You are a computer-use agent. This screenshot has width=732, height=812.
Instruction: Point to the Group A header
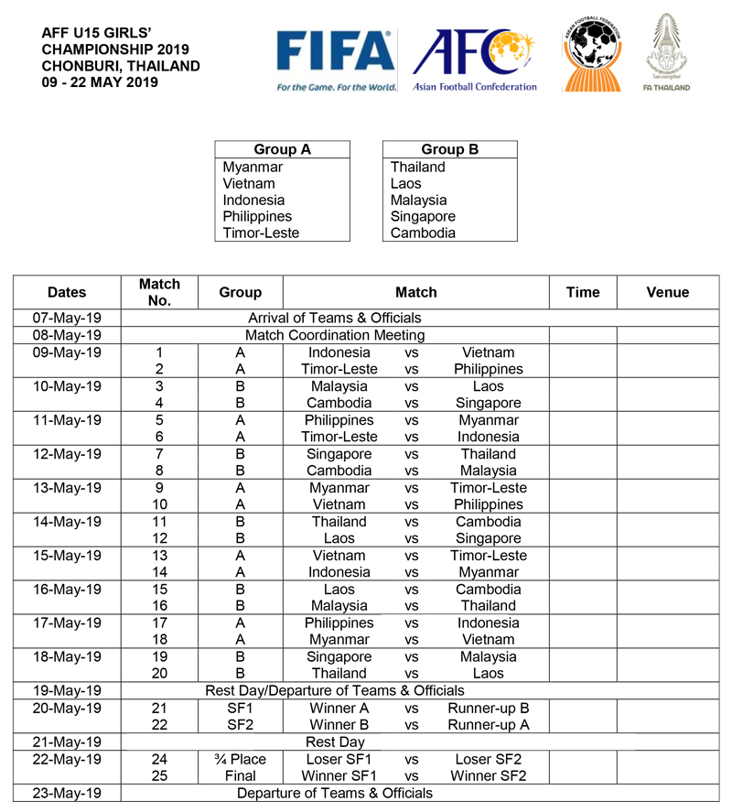coord(282,149)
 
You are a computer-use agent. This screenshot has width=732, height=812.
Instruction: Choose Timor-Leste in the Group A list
coord(261,233)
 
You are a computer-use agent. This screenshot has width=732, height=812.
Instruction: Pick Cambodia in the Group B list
coord(423,233)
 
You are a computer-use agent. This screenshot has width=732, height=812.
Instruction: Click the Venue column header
coord(667,292)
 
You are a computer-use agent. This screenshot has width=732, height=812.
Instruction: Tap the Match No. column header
coord(159,292)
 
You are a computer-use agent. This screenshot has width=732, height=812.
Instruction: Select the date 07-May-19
coord(67,318)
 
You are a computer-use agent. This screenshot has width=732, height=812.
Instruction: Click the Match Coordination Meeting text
coord(335,335)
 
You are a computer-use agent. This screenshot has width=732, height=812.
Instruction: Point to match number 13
coord(159,556)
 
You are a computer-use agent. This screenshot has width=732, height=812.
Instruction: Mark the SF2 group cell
coord(240,725)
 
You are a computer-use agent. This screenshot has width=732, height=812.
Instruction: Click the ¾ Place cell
coord(240,759)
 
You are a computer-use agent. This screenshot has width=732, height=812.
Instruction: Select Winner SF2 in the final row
coord(488,776)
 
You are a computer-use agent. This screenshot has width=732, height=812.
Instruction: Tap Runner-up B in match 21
coord(488,709)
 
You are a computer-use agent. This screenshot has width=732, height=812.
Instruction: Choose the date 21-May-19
coord(67,742)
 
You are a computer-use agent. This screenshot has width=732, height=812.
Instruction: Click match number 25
coord(159,776)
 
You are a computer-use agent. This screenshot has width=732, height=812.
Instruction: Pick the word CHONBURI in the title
coord(81,66)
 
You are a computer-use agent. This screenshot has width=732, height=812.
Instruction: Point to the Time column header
coord(583,292)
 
